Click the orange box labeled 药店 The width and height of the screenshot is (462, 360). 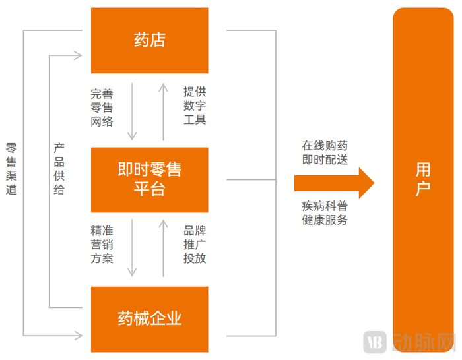pyautogui.click(x=149, y=40)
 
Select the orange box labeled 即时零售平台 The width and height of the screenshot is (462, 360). pyautogui.click(x=149, y=179)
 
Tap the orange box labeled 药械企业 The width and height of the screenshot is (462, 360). pyautogui.click(x=149, y=319)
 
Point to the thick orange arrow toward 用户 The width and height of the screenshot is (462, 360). pyautogui.click(x=334, y=183)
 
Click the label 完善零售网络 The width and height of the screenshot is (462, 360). pyautogui.click(x=102, y=107)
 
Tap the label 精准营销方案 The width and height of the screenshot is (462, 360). pyautogui.click(x=102, y=245)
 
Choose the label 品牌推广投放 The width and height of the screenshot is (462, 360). pyautogui.click(x=195, y=245)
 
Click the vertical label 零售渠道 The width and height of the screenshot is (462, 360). pyautogui.click(x=11, y=168)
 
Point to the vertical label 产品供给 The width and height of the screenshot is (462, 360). pyautogui.click(x=59, y=168)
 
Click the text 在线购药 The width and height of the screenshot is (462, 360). pyautogui.click(x=325, y=145)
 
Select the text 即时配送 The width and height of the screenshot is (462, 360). pyautogui.click(x=325, y=160)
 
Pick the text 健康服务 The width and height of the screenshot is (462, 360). pyautogui.click(x=325, y=220)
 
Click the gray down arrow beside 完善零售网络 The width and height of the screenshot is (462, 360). pyautogui.click(x=132, y=111)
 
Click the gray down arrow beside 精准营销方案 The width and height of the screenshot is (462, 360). pyautogui.click(x=132, y=247)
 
